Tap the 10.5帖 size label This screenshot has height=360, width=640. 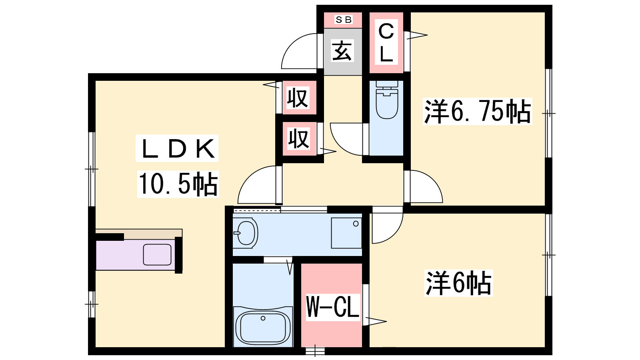coord(178,184)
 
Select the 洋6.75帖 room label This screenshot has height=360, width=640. coord(477,112)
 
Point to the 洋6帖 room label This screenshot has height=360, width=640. coord(458,283)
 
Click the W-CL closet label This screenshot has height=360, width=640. coord(332,307)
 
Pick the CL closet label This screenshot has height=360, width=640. coord(386,43)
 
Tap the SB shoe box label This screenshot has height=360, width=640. coord(344,20)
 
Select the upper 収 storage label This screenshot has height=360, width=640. coord(298,98)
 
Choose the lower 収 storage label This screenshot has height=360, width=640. coord(298,139)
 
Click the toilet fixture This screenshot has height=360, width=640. coord(387,100)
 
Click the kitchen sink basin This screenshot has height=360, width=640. coord(157,254)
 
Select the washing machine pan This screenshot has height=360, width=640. coord(346,233)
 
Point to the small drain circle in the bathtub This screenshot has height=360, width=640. coord(263,318)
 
